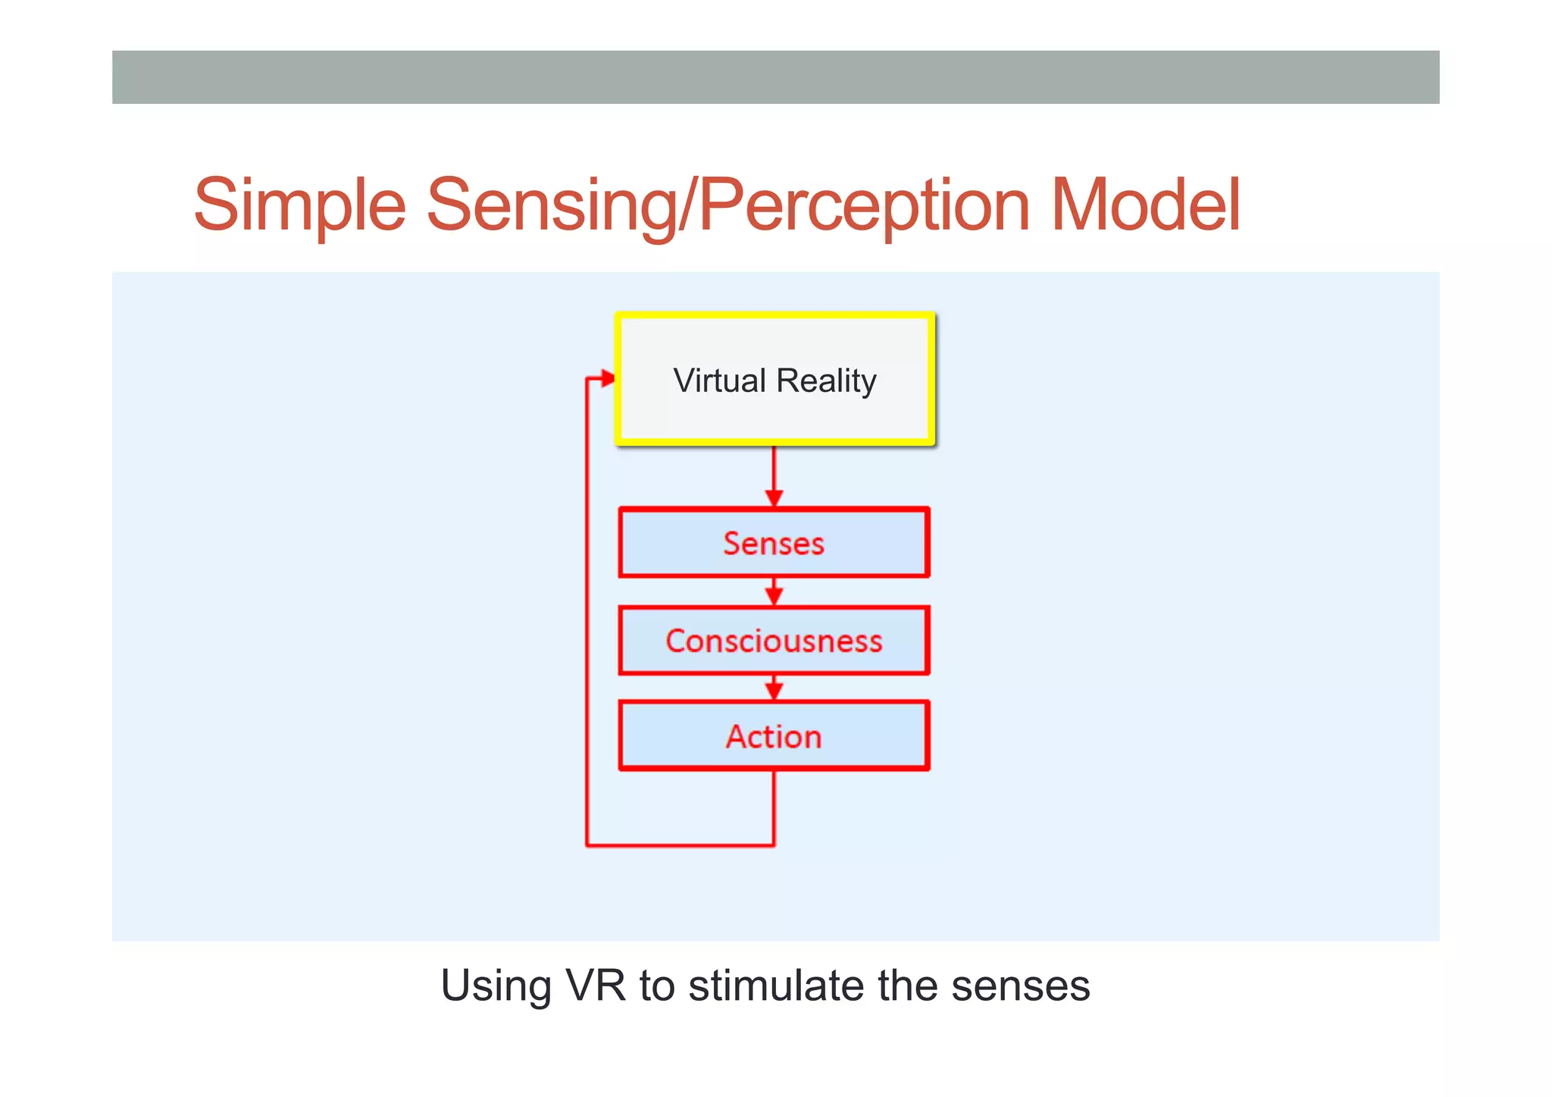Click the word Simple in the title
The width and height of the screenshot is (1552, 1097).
(299, 205)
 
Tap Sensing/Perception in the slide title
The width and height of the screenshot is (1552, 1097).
(728, 205)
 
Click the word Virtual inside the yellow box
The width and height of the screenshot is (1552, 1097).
(720, 381)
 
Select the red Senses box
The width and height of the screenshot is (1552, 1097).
(774, 543)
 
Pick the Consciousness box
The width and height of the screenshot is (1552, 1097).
(774, 641)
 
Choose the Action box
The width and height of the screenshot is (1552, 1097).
(774, 736)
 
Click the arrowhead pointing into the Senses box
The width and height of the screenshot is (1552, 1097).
(774, 497)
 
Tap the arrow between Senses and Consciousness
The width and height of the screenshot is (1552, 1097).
(774, 593)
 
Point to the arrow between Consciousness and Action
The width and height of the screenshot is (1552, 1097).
(774, 688)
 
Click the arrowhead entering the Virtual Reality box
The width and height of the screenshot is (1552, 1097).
(607, 378)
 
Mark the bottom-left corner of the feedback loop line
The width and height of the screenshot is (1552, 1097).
(587, 845)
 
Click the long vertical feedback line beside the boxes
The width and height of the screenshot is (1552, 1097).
(587, 606)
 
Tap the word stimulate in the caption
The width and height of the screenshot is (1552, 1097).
(776, 986)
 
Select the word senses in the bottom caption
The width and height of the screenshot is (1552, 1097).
(1020, 986)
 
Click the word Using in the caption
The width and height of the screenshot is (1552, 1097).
(496, 986)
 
